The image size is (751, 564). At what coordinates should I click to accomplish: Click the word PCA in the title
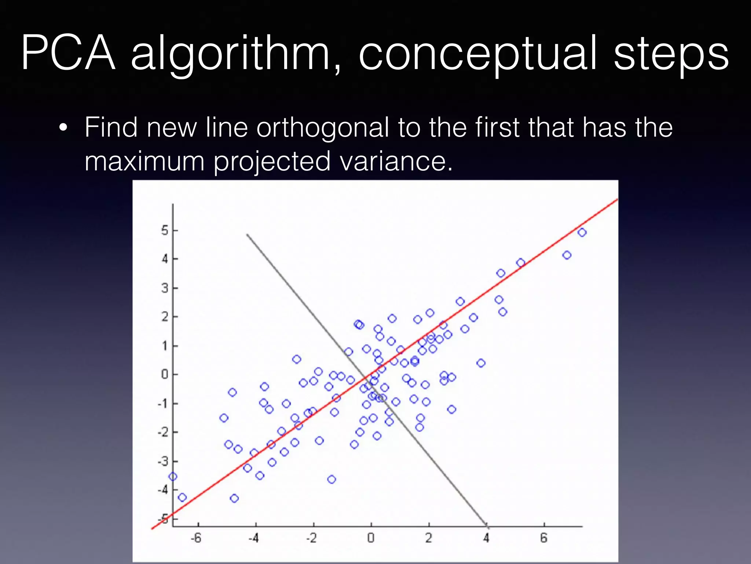(69, 53)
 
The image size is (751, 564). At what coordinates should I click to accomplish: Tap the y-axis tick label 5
(165, 231)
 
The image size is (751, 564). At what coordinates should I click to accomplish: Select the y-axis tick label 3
(165, 288)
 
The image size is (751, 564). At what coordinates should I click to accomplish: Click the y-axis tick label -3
(163, 461)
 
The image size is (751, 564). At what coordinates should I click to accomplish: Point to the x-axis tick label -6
(196, 538)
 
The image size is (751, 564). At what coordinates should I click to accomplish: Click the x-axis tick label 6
(544, 538)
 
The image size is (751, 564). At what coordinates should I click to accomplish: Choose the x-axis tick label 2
(429, 538)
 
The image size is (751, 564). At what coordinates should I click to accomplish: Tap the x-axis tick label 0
(371, 538)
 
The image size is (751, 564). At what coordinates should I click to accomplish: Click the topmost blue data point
(582, 232)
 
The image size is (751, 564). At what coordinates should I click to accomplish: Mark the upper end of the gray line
(247, 234)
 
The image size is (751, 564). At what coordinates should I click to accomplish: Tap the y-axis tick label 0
(165, 375)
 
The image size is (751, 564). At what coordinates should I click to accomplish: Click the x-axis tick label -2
(311, 538)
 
